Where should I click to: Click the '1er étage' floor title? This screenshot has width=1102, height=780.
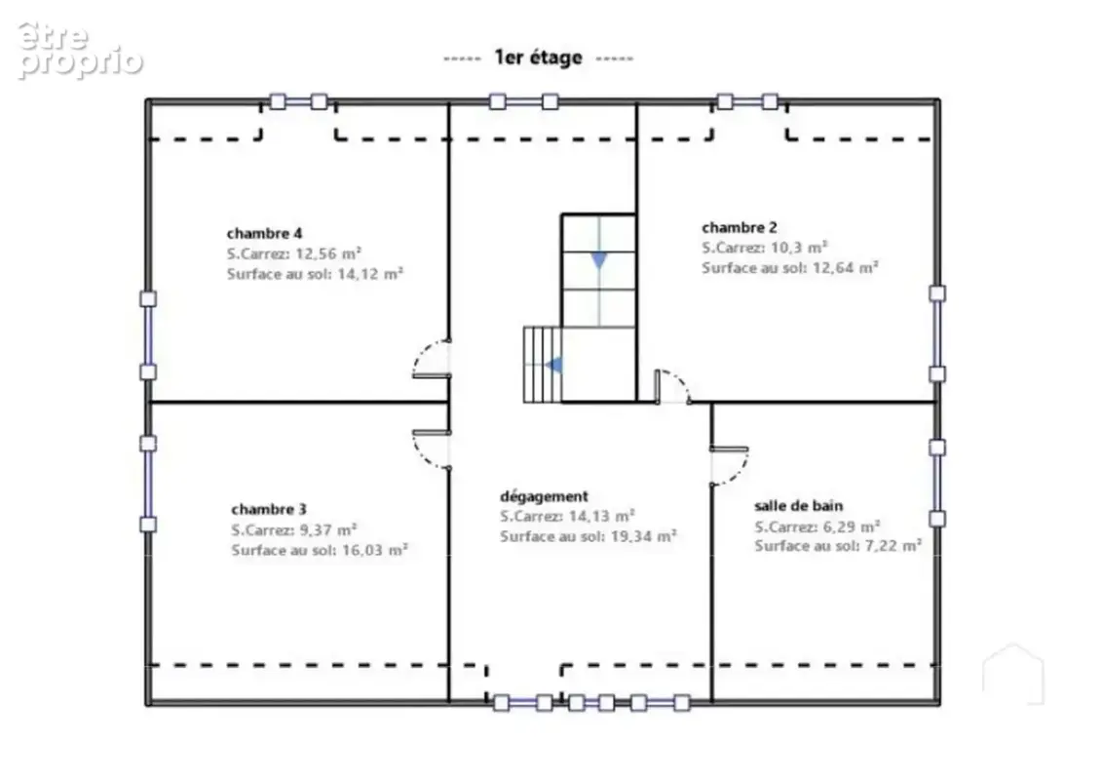538,57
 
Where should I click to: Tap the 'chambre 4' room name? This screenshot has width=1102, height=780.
264,233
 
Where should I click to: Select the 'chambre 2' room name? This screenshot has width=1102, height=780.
740,227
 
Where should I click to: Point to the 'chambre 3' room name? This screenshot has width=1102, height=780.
269,509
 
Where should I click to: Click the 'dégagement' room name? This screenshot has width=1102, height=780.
544,496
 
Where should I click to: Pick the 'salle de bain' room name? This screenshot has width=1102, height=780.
798,505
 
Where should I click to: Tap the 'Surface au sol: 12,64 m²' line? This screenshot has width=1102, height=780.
790,267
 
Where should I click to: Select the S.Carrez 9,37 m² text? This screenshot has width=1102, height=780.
294,528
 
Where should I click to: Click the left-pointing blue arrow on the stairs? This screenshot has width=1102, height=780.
553,365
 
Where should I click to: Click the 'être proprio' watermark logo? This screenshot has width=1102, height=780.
80,50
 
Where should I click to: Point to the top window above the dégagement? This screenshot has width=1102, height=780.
523,102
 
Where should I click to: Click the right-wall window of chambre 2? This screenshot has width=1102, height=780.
936,333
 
